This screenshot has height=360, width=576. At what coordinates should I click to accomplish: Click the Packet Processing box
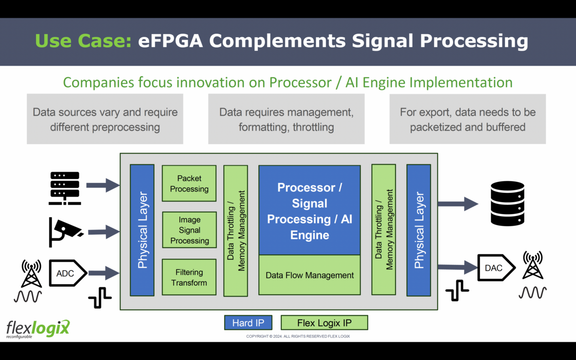point(189,184)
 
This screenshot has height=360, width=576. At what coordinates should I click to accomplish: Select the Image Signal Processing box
point(189,230)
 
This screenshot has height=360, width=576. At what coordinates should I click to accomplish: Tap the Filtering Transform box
point(189,278)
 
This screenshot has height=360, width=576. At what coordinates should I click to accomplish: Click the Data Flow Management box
point(310,275)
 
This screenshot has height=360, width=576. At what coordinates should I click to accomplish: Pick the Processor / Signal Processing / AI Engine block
point(310,210)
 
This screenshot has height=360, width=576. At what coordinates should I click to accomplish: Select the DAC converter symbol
point(495,268)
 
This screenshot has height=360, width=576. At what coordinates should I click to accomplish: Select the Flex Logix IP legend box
point(324,323)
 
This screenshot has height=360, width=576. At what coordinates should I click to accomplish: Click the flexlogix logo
point(37,329)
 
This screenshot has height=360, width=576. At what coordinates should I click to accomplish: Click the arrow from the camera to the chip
point(103,233)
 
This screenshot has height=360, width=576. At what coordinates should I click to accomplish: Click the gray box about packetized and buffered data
point(468,119)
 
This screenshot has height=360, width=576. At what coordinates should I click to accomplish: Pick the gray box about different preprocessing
point(105,119)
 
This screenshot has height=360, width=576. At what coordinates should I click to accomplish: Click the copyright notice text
point(298,336)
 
